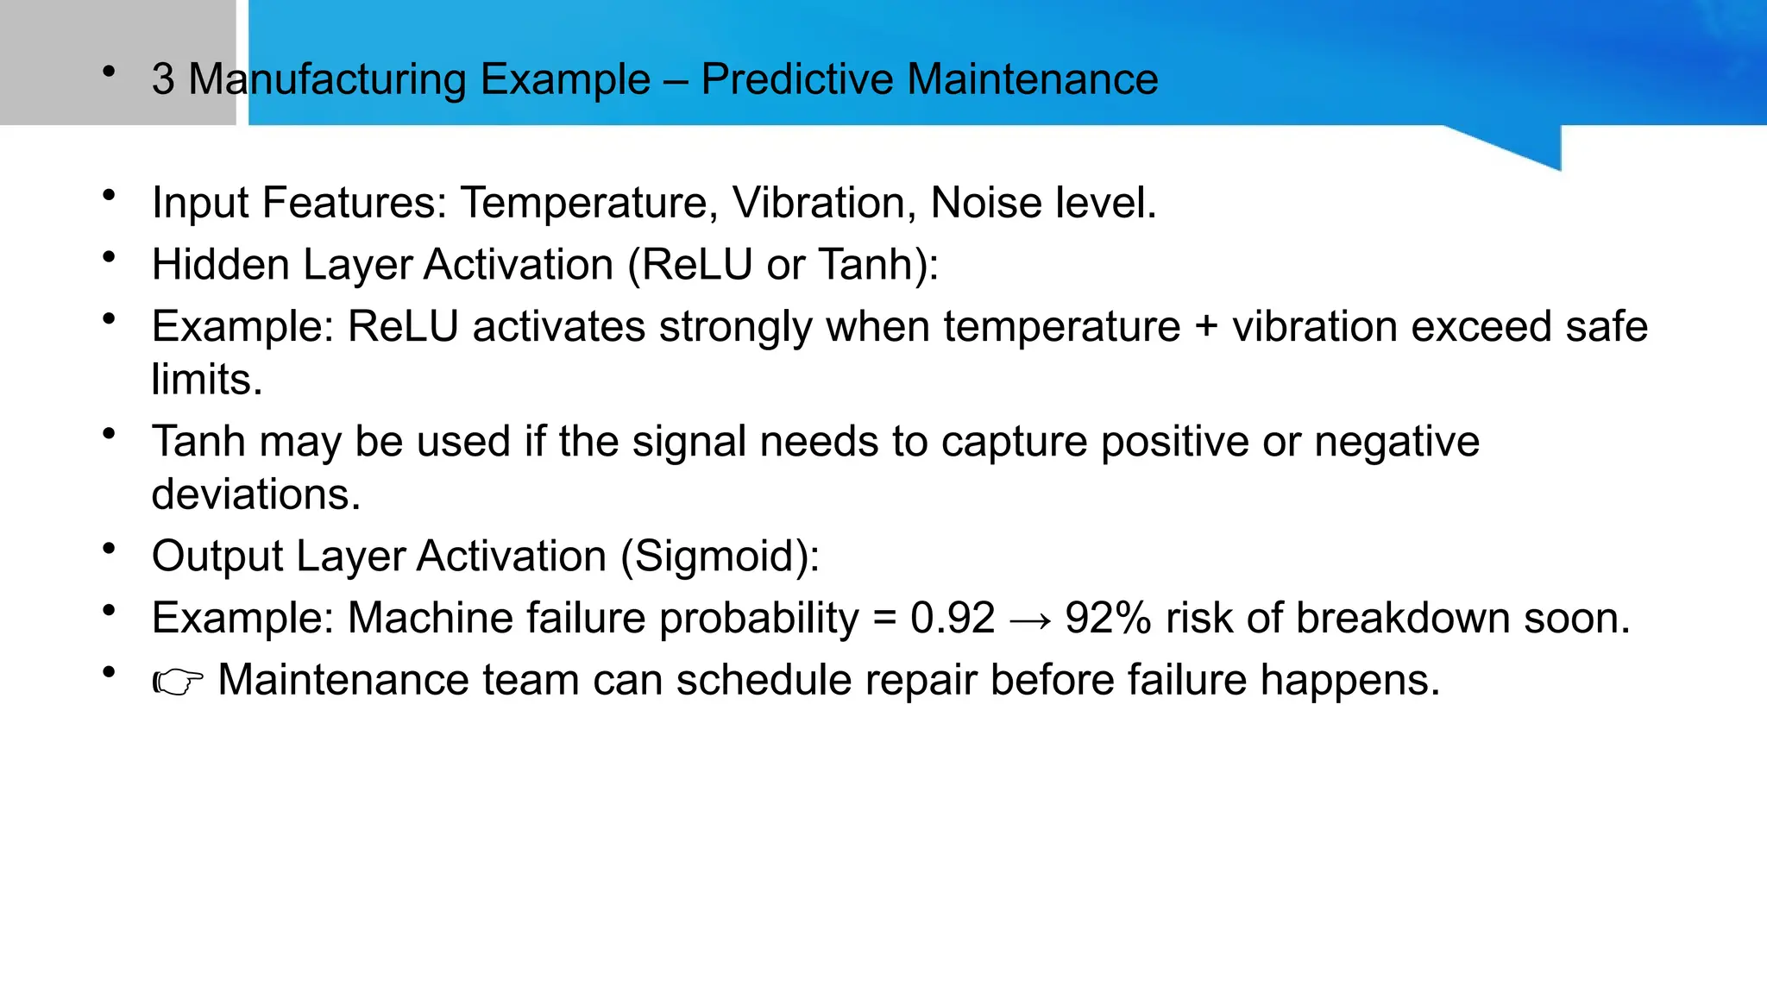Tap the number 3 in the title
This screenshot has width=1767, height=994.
(163, 79)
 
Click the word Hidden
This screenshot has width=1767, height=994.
(220, 264)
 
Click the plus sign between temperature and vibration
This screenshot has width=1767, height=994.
(1206, 326)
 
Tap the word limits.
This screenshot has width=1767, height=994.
(206, 380)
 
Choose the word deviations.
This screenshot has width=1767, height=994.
(255, 494)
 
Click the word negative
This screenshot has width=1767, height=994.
(1397, 442)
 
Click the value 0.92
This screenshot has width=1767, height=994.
(953, 618)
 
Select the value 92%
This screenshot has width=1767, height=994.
(1108, 618)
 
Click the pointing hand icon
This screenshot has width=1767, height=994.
(178, 683)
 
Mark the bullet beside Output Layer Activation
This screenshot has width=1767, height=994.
(109, 549)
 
